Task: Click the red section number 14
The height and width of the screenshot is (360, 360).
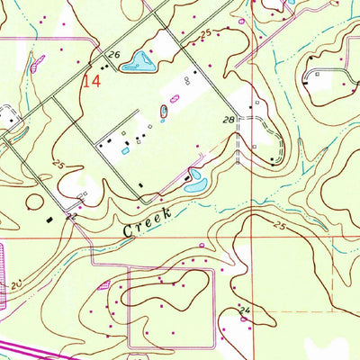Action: coord(91,81)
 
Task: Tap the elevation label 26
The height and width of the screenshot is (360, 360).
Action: coord(113,56)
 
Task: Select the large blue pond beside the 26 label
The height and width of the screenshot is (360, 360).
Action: coord(139,61)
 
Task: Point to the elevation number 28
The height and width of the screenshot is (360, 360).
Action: coord(229,119)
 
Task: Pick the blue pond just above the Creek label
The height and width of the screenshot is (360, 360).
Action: coord(196,183)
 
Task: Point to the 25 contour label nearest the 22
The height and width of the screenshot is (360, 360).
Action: coord(58,165)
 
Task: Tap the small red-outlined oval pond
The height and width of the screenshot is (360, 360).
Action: coord(164,111)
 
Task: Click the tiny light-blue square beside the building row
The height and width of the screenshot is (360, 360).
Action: coord(124,151)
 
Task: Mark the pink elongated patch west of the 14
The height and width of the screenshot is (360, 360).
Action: coord(37,63)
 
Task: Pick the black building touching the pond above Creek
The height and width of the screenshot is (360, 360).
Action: coord(187,177)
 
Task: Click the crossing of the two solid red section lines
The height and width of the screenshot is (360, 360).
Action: coord(252,238)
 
